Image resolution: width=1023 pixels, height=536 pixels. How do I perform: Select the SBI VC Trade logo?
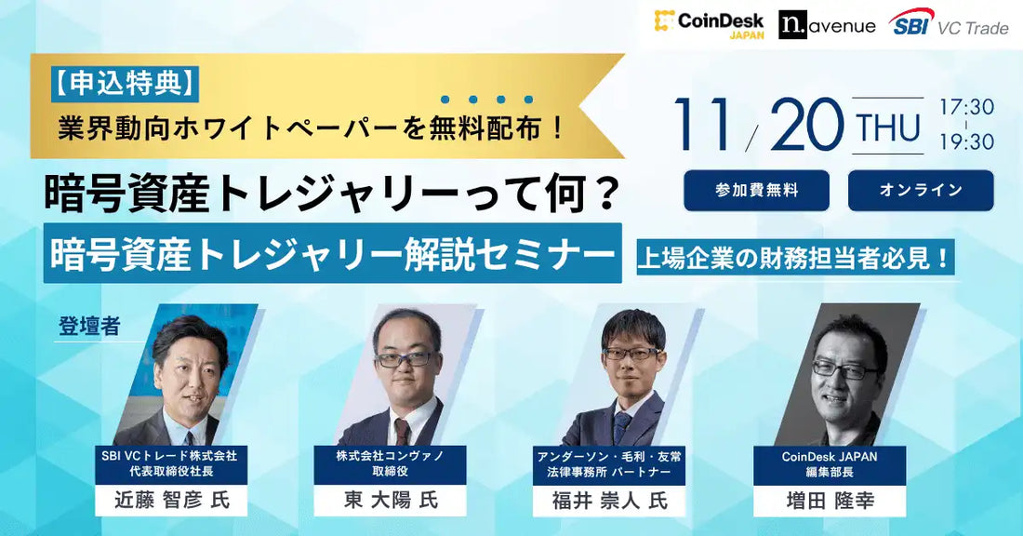coord(949,25)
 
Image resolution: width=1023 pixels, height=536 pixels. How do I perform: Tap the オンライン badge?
coord(921,191)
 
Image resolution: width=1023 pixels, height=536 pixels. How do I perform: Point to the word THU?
coord(888,127)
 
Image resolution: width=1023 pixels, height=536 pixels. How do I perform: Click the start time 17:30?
coord(966,107)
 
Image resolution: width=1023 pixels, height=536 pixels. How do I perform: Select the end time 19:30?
coord(966,142)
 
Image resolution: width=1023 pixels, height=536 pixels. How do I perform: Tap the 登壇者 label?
coord(89,327)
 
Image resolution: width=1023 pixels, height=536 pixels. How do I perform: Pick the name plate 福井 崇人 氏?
coord(610,500)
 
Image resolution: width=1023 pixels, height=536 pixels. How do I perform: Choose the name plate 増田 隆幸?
coord(830,500)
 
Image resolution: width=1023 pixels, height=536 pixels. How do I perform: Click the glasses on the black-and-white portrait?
coord(844,369)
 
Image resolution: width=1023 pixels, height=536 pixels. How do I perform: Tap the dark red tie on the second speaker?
coord(402,431)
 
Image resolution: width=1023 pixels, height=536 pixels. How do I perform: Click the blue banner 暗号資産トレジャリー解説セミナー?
coord(332,252)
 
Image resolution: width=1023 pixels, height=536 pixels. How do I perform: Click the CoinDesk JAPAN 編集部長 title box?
coord(830,464)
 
